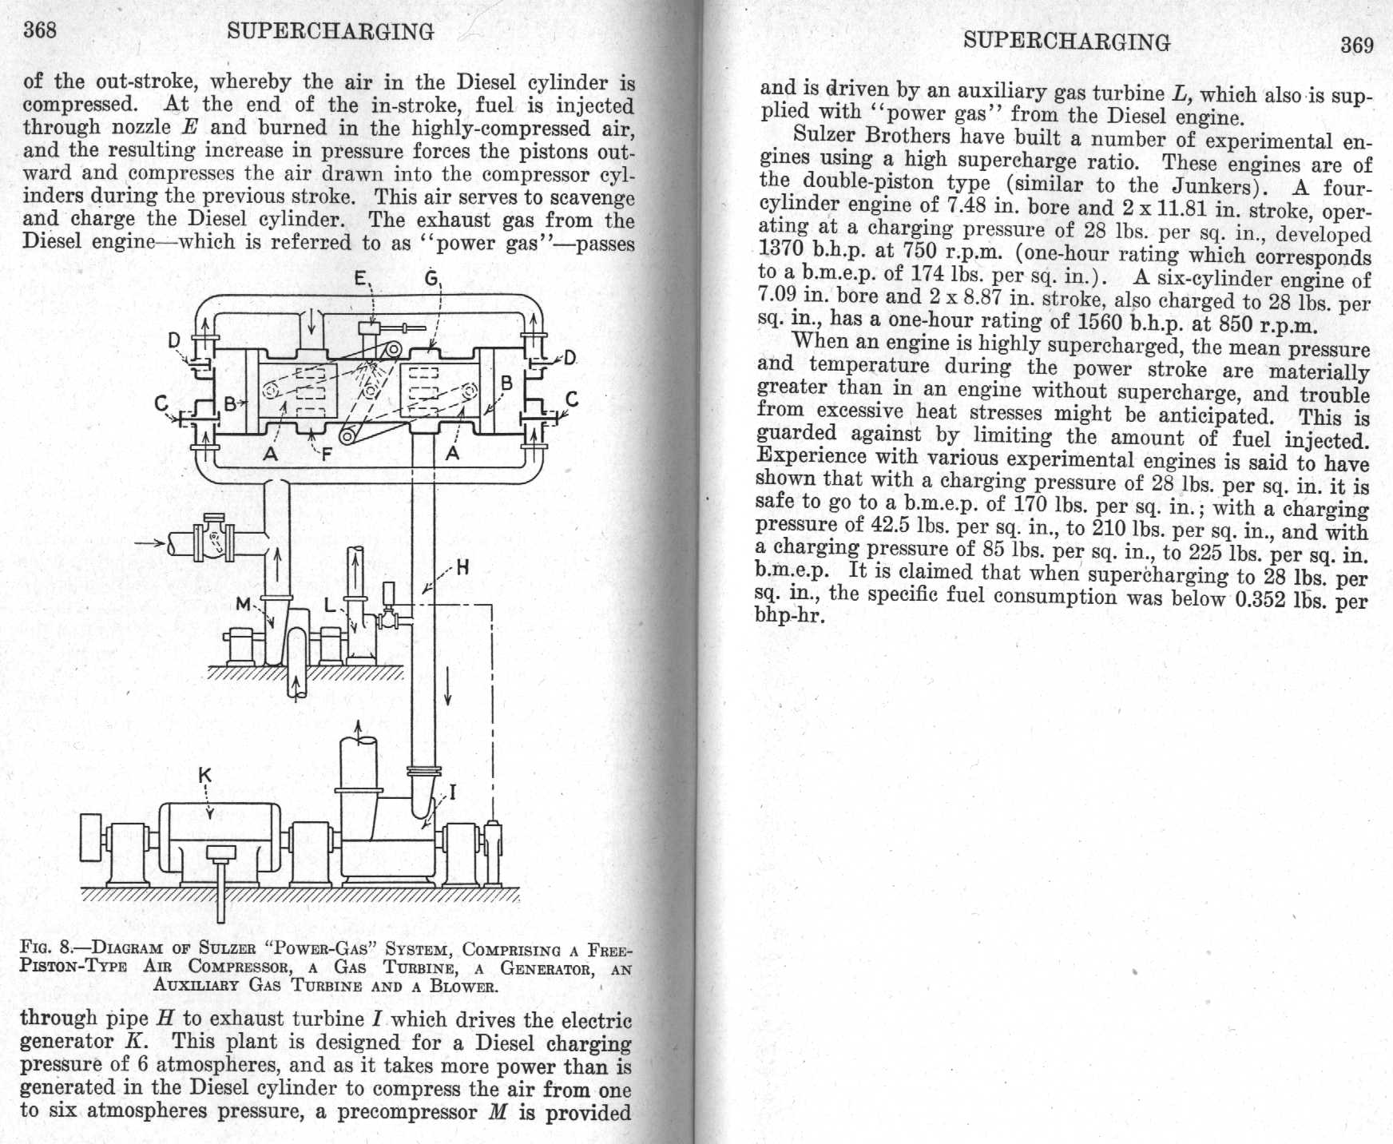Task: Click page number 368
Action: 40,30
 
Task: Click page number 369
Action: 1356,45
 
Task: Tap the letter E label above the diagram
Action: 361,280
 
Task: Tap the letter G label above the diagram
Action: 431,279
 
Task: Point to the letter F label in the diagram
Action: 326,455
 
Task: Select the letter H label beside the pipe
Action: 462,568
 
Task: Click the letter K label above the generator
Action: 205,775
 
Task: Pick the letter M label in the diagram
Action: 244,604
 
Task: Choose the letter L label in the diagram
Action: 330,606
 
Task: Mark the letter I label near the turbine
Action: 453,792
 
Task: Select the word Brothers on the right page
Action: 907,136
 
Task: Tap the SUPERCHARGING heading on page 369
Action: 1066,41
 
